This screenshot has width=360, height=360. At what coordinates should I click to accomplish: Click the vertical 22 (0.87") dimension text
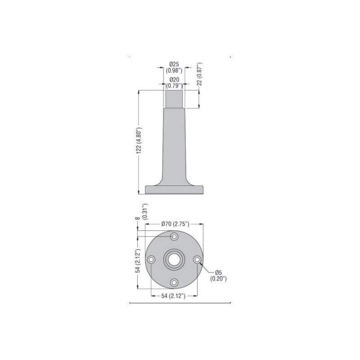200,77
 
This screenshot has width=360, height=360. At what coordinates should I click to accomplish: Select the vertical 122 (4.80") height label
139,142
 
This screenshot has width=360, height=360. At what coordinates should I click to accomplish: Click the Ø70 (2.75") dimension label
175,224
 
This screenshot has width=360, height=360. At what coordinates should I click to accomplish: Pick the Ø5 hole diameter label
219,272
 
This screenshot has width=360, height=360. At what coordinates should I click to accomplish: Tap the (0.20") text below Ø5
219,279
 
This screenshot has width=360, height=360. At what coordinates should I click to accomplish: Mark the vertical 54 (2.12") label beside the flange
139,261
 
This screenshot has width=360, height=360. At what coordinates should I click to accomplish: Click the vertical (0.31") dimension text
144,211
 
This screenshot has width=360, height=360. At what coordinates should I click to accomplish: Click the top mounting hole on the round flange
174,237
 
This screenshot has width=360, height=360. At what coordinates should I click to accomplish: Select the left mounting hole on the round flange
152,259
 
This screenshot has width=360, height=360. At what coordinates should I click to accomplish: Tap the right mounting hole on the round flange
197,259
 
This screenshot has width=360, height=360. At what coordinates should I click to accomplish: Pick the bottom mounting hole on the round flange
174,282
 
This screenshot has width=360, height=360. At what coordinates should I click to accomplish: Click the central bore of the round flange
174,259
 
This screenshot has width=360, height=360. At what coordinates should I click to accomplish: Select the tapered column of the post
174,144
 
